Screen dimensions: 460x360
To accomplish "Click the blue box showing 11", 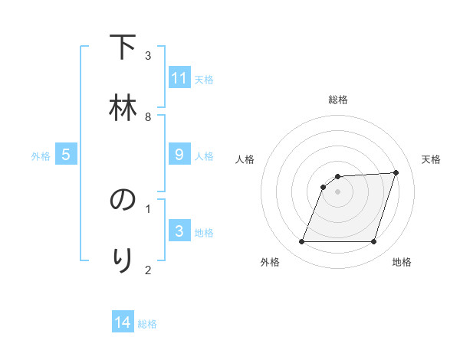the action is tap(179, 78).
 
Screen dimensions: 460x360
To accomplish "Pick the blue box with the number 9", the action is tap(179, 155).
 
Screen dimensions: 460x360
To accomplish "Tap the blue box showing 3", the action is tap(179, 231).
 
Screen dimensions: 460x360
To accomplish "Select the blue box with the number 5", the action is tap(66, 155).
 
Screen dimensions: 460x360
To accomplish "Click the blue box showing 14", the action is tap(123, 323).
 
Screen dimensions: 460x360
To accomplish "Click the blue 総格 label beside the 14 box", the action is tap(147, 324).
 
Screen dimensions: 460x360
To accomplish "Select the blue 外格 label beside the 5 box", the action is tap(41, 155).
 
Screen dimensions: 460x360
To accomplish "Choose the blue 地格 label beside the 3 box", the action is tap(204, 232).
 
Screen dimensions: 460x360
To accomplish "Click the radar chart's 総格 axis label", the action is tap(338, 100).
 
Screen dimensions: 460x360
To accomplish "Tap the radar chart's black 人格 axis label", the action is tap(245, 159).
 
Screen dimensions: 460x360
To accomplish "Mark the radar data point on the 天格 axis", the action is tap(396, 172).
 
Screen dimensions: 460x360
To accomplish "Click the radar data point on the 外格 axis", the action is tap(301, 242).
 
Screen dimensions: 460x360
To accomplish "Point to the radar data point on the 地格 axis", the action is tap(374, 242).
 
